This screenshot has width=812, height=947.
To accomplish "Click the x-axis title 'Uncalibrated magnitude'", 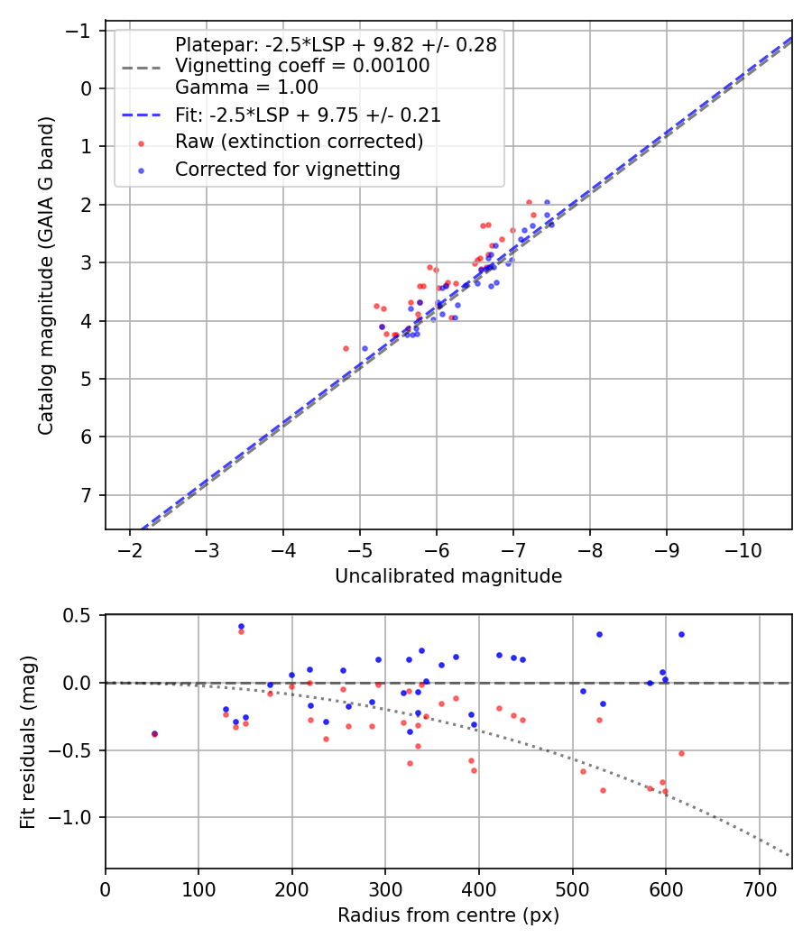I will [x=448, y=576].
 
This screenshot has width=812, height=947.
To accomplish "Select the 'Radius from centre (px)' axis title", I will [x=448, y=915].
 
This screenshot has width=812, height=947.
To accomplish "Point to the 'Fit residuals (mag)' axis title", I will [x=27, y=741].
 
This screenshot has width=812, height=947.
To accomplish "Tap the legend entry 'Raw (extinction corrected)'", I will [x=299, y=143].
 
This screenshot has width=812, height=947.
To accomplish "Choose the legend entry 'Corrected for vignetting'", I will [x=287, y=169].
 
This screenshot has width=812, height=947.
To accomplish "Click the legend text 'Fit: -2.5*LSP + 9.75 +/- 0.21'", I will [x=308, y=115].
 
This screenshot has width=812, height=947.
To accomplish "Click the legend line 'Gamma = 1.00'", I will [x=246, y=87].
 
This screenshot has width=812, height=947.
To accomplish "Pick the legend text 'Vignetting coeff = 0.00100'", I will [x=302, y=66].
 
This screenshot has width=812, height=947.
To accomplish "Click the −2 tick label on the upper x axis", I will [x=130, y=549].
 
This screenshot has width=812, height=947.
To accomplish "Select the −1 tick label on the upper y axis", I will [x=83, y=31].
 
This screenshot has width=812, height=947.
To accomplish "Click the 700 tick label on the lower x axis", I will [x=759, y=888].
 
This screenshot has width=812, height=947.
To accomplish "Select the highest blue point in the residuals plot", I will [x=241, y=626].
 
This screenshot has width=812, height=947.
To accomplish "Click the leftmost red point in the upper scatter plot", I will [x=346, y=348].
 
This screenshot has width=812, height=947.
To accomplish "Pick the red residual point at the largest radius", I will [x=681, y=753].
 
